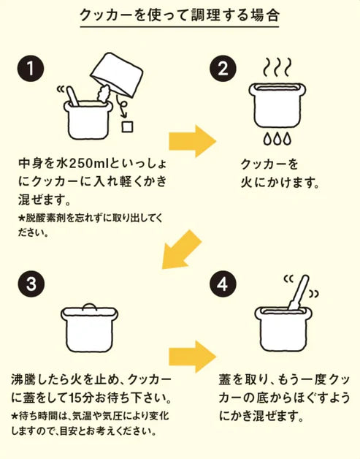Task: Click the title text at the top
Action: [179, 15]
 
